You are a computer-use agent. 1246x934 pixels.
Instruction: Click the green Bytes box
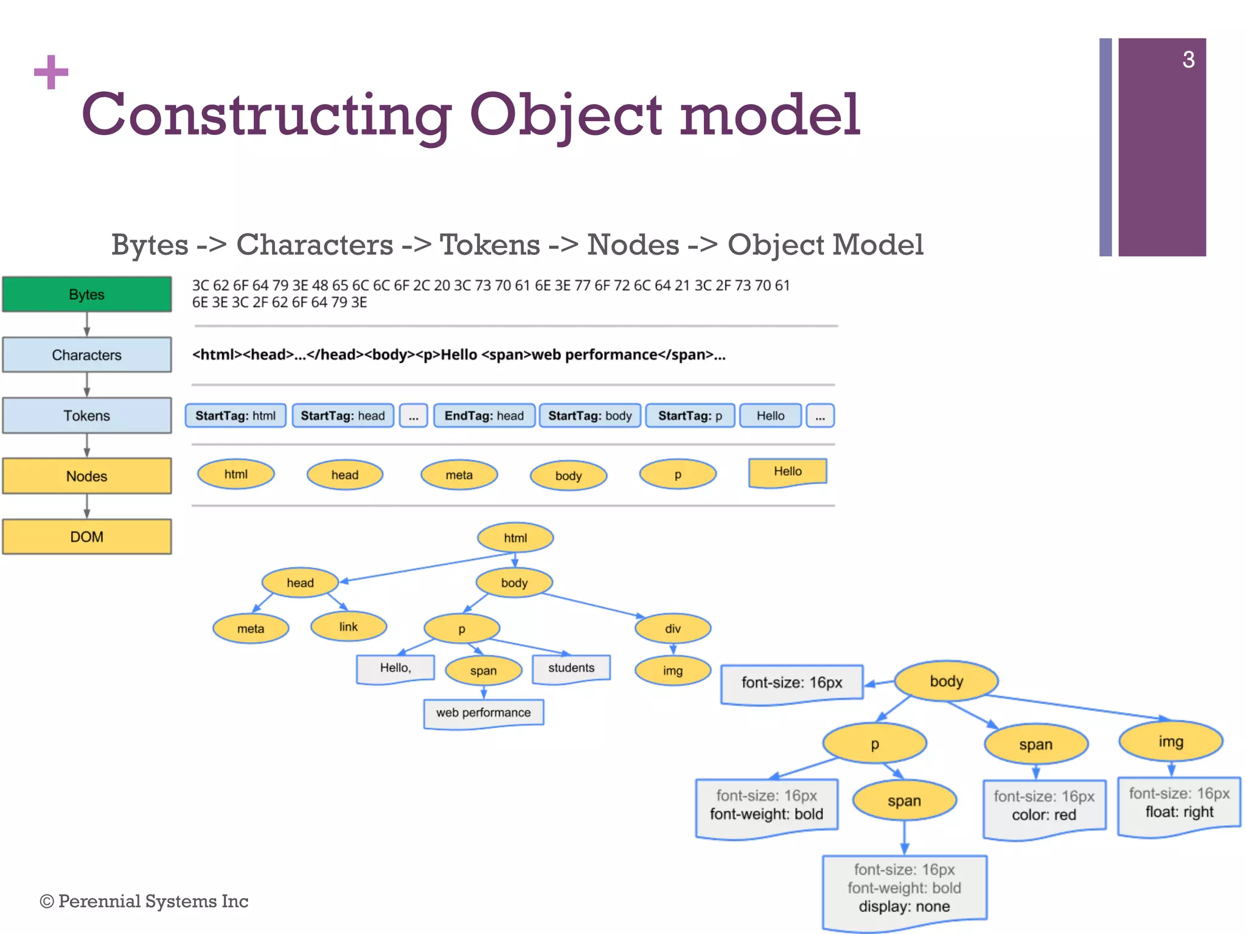click(86, 294)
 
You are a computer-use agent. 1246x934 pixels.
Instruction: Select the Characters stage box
click(86, 355)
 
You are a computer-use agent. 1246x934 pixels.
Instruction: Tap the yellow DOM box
click(86, 536)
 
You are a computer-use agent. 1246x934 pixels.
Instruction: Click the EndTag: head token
click(484, 416)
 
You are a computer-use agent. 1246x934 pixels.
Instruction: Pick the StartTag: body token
click(590, 416)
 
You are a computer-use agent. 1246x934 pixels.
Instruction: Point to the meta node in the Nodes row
click(459, 475)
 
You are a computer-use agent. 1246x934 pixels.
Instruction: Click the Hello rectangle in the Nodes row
click(787, 472)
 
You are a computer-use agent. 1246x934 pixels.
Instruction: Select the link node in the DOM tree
click(348, 627)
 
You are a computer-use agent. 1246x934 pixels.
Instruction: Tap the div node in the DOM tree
click(672, 628)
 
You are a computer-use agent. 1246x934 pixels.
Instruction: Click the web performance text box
click(483, 713)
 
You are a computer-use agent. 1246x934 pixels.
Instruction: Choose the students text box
click(571, 668)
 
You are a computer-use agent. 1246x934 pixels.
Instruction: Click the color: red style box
click(1044, 807)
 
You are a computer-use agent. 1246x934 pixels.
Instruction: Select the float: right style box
click(1178, 804)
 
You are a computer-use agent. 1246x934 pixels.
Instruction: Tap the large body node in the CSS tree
click(946, 681)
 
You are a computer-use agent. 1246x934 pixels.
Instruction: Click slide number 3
click(1188, 60)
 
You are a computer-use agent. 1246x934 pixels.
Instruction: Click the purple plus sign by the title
click(51, 72)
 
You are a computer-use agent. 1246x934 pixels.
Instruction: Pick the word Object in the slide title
click(565, 115)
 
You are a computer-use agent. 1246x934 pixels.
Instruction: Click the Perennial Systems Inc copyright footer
click(144, 901)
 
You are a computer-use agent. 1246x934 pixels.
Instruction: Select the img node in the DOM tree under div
click(672, 671)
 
